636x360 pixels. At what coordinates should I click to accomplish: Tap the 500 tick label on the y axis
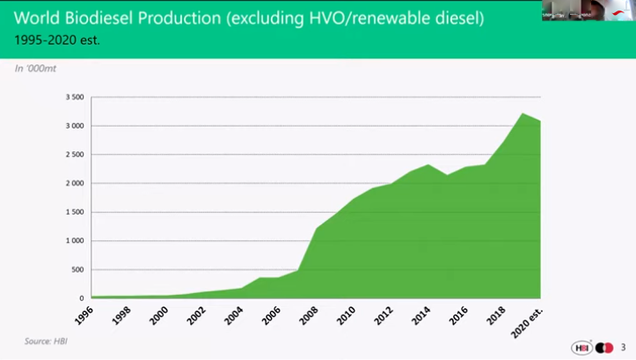click(77, 269)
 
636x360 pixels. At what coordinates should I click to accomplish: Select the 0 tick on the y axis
click(82, 298)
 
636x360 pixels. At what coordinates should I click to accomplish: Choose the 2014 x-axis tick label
click(420, 313)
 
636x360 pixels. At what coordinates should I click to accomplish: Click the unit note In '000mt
click(33, 68)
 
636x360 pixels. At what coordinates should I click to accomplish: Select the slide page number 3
click(623, 347)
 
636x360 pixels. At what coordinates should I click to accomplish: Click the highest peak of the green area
click(523, 113)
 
